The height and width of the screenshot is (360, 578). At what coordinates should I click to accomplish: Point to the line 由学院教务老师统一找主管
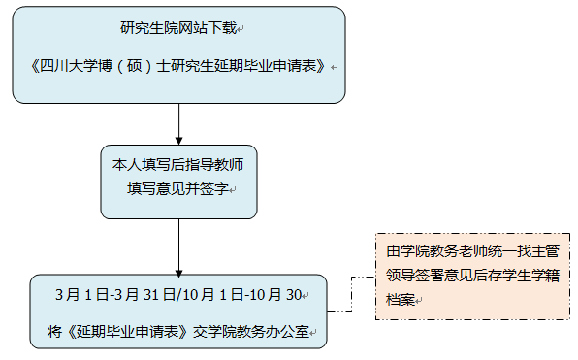click(469, 251)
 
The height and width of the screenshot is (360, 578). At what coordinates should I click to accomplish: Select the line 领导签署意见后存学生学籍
click(469, 276)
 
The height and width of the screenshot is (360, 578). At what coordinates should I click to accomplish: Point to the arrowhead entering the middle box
click(178, 140)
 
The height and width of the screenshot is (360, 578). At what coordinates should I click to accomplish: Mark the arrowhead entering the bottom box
click(178, 269)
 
